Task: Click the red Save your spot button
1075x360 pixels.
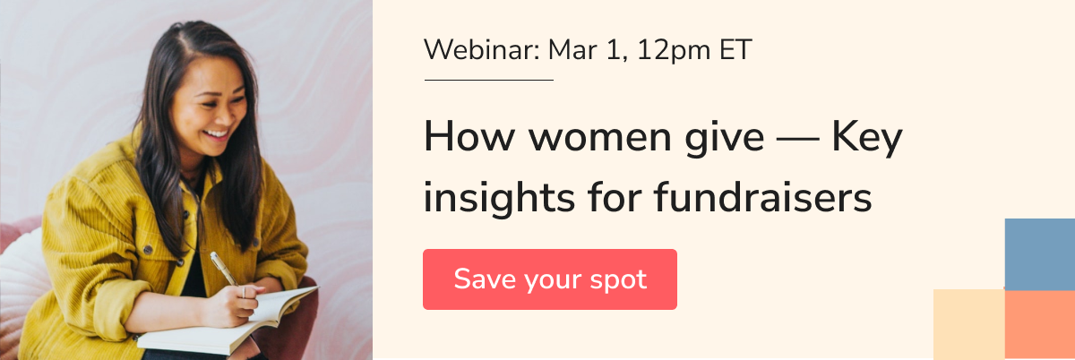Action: click(x=550, y=279)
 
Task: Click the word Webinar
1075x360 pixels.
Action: click(x=482, y=50)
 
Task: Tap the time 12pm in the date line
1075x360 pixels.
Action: click(x=674, y=51)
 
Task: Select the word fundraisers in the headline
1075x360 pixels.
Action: click(x=762, y=197)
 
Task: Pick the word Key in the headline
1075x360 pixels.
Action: click(x=868, y=138)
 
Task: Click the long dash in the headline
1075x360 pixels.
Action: click(x=797, y=140)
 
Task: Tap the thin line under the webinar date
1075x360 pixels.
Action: click(x=489, y=81)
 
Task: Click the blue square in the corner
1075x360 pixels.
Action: click(x=1039, y=254)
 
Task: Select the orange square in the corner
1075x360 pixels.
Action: click(x=1039, y=324)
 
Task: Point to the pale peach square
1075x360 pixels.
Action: click(x=969, y=324)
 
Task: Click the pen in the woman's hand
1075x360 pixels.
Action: click(x=224, y=269)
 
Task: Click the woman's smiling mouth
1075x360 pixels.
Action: click(x=216, y=134)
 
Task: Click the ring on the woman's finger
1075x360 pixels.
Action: click(x=245, y=292)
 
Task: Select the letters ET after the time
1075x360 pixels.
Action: click(x=735, y=50)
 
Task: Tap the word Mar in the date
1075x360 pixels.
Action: click(x=572, y=50)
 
